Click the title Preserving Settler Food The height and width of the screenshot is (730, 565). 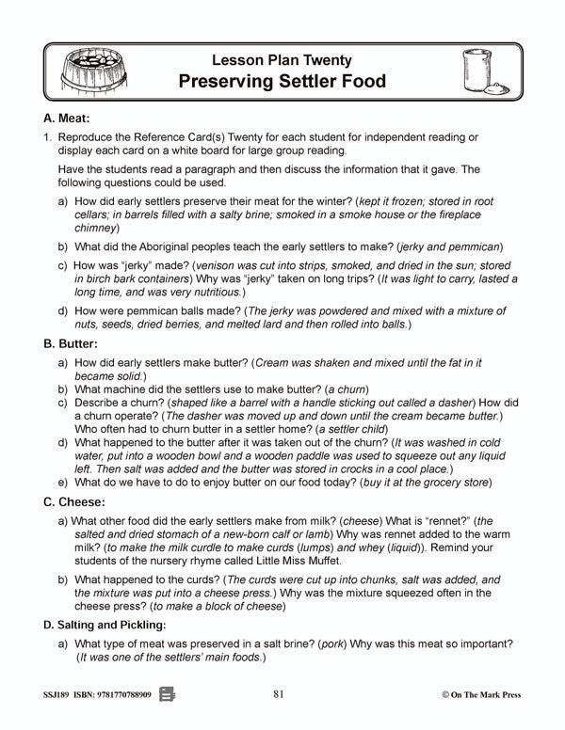(x=282, y=81)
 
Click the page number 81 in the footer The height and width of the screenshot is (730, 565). (x=278, y=694)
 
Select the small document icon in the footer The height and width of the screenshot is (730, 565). (x=169, y=694)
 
